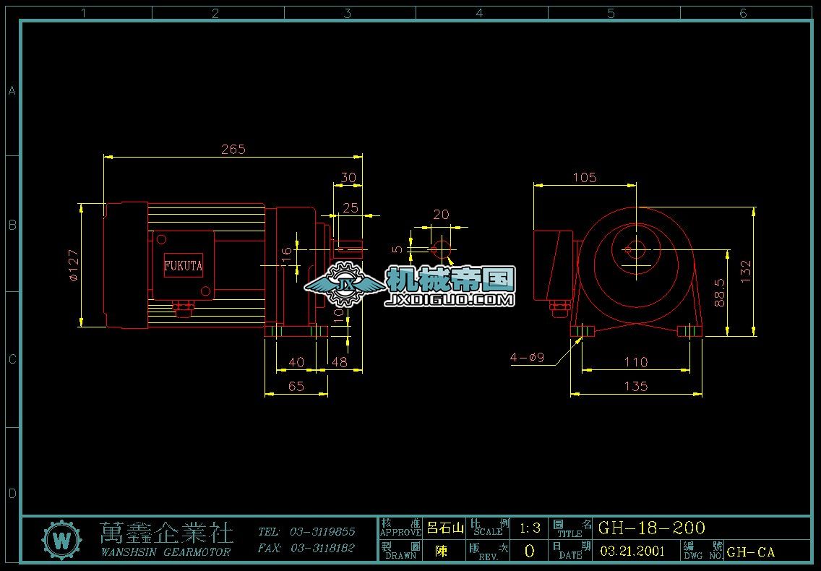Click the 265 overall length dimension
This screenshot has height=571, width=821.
(233, 150)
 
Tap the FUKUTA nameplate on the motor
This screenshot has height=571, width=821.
(183, 266)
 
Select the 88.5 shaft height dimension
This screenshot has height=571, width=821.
(720, 293)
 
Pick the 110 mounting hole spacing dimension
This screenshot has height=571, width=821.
(635, 361)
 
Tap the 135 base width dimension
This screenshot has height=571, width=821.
(635, 386)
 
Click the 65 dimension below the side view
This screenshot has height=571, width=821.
(296, 386)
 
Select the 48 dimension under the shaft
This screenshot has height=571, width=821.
(339, 361)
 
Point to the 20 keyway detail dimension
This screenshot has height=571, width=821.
(440, 215)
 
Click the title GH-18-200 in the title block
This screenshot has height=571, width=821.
(651, 528)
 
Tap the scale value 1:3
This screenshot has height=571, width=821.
(530, 528)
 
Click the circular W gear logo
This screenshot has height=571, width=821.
(63, 540)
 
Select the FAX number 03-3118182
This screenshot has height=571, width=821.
(322, 549)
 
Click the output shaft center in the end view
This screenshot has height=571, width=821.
(636, 250)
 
